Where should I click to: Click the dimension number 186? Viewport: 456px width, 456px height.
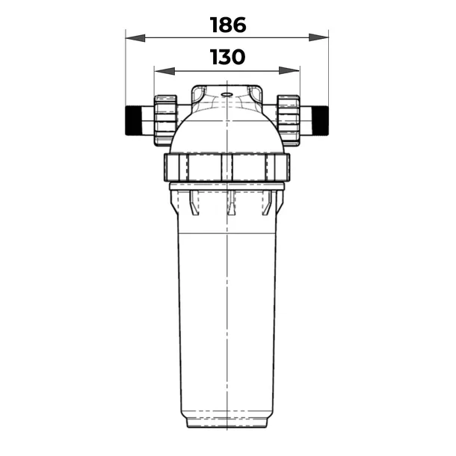pos(228,25)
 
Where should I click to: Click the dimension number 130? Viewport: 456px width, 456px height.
pos(227,57)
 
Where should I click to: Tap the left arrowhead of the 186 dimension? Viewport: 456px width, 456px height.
pos(135,38)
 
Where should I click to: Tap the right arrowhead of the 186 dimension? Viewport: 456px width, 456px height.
pos(318,37)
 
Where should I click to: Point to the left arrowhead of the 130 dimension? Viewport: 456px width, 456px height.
pos(164,71)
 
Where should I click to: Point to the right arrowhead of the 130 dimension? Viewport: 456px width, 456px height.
pos(289,70)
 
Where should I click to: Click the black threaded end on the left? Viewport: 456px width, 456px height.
pos(133,120)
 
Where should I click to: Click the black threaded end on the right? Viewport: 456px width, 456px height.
pos(320,120)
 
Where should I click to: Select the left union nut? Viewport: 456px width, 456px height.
pos(165,120)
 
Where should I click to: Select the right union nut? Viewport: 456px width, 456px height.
pos(289,120)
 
